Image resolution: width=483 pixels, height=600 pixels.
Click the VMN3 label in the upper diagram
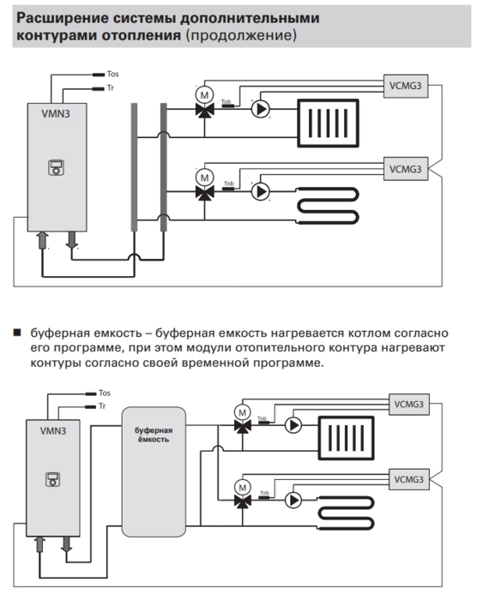click(x=56, y=114)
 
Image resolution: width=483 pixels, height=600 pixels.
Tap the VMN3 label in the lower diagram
click(x=53, y=431)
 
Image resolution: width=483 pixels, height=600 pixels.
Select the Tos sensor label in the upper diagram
click(x=112, y=74)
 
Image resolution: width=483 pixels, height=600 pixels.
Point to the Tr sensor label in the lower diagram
click(x=102, y=406)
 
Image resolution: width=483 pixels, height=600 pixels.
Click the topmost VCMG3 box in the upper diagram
click(x=406, y=86)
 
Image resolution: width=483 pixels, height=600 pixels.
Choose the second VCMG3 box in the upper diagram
click(x=406, y=169)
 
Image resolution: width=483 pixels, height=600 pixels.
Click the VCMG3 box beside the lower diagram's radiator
click(x=409, y=405)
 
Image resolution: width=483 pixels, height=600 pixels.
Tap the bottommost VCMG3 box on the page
click(x=409, y=479)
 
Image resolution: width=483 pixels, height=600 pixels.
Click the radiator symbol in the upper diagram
click(x=329, y=123)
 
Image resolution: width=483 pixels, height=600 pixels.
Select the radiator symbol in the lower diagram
click(x=347, y=438)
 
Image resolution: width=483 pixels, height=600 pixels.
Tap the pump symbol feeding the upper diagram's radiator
click(x=261, y=110)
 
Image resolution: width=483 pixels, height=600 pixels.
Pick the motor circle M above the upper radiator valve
click(x=204, y=95)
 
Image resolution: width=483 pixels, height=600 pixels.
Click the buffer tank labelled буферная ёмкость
click(x=154, y=471)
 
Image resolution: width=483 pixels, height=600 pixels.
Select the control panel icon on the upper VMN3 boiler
click(x=56, y=168)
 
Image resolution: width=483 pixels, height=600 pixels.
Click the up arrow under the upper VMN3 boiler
click(x=42, y=240)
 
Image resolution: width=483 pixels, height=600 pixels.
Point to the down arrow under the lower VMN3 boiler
click(x=67, y=543)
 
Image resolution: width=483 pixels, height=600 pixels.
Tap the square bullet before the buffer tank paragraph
click(x=17, y=332)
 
